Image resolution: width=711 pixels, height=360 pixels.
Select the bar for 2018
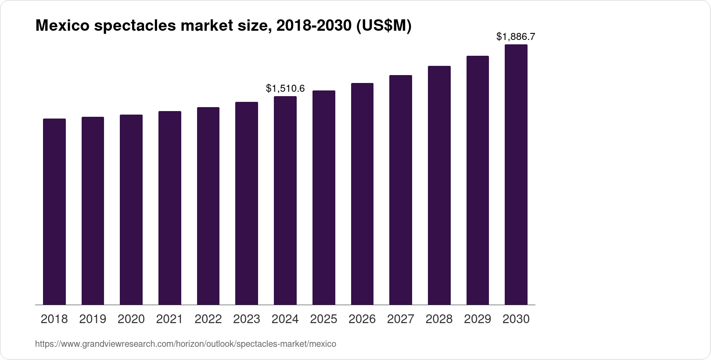point(54,212)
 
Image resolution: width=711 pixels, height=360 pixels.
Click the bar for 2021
point(170,208)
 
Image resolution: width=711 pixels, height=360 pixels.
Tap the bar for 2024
point(285,201)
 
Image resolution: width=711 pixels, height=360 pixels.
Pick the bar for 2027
point(401,190)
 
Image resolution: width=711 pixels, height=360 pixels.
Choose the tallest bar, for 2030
point(516,175)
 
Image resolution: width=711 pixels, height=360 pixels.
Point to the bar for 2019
point(93,211)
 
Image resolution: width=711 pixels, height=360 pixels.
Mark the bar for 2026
point(362,194)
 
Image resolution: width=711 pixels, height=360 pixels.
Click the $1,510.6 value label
point(285,89)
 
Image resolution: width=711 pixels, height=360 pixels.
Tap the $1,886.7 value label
point(516,37)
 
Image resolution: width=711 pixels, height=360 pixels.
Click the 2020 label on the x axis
point(131,319)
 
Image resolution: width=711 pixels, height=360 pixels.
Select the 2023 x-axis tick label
point(247,319)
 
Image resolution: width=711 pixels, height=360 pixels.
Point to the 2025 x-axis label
point(323,319)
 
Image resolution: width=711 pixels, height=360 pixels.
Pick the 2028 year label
point(439,319)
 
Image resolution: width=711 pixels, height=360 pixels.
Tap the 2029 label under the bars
point(478,319)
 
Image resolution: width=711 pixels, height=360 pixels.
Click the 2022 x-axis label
point(208,319)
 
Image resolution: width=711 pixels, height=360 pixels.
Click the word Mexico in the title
point(61,26)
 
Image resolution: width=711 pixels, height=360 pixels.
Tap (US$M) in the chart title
point(384,26)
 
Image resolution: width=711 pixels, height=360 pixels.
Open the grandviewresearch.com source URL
point(185,344)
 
